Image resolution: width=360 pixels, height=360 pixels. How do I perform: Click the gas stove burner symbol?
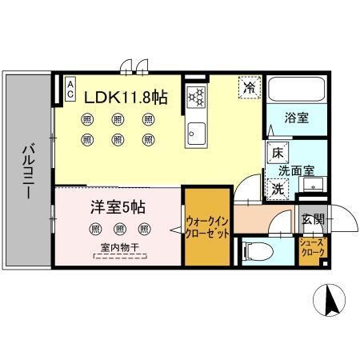click(195, 97)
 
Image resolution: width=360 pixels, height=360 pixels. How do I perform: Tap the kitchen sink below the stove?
click(195, 132)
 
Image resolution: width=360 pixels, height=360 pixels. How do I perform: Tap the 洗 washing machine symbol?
click(276, 190)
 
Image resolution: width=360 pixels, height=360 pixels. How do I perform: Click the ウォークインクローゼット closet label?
click(208, 226)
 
